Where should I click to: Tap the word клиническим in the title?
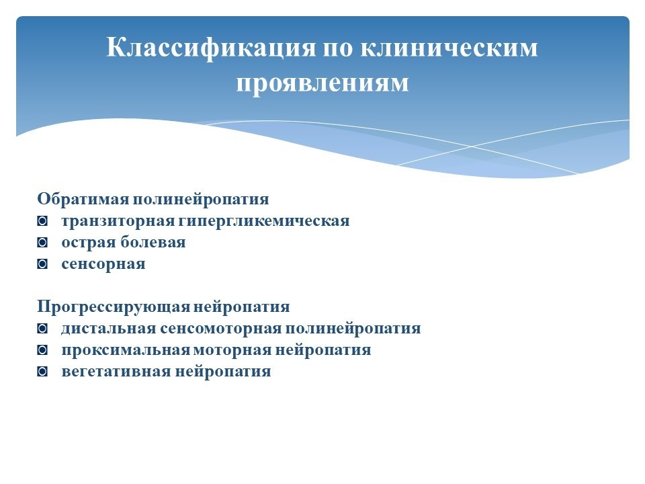(x=449, y=47)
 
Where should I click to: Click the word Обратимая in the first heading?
(x=83, y=199)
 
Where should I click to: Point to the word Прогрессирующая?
(x=114, y=307)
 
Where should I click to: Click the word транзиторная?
(x=118, y=221)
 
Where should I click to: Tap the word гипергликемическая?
(x=264, y=221)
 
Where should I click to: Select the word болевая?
(x=153, y=242)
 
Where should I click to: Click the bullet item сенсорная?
(x=103, y=264)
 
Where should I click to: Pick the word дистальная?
(x=109, y=329)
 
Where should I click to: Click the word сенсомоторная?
(x=221, y=329)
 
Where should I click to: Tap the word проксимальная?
(x=126, y=350)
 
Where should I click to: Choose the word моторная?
(x=232, y=350)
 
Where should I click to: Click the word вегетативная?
(x=116, y=372)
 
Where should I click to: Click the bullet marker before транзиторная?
(x=42, y=222)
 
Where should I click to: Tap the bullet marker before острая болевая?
(x=42, y=243)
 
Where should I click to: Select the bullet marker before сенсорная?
(x=42, y=264)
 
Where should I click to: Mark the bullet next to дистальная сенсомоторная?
(x=42, y=329)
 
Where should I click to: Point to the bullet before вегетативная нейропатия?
(x=42, y=372)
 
